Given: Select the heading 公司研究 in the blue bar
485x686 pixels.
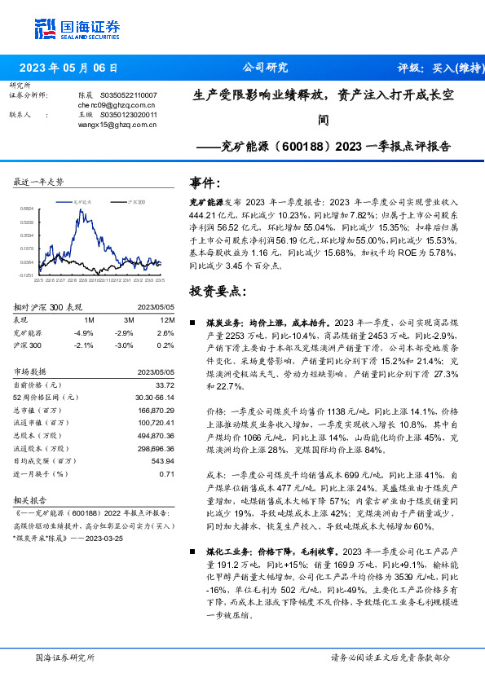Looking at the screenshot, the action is (266, 68).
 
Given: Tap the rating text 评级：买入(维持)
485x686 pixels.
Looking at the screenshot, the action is (436, 68).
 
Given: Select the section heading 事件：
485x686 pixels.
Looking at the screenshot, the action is (205, 182).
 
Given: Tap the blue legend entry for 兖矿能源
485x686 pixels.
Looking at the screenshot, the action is (81, 200).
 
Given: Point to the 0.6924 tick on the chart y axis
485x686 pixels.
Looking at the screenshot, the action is (27, 209).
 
